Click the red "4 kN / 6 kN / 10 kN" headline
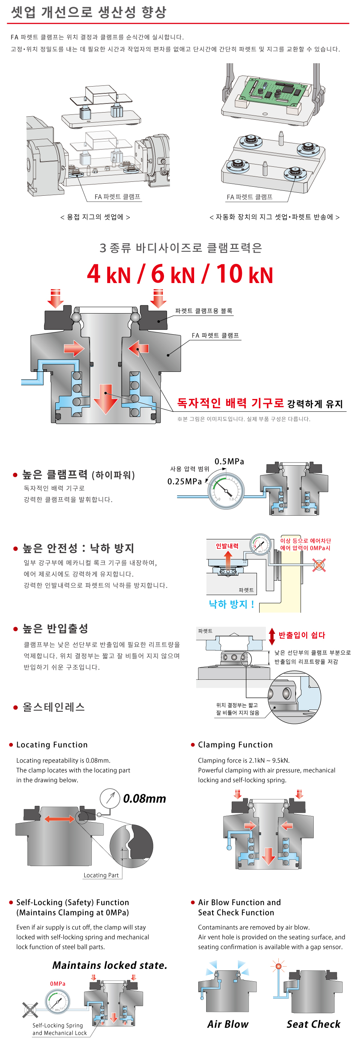pos(180,274)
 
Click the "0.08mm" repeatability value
pos(144,799)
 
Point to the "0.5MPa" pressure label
pos(229,461)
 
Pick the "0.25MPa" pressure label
pos(184,481)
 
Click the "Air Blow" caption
pos(228,1024)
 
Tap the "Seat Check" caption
pos(313,1024)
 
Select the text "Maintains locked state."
pos(109,965)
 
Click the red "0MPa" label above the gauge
pos(58,984)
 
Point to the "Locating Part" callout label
pos(101,875)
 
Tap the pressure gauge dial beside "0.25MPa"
pos(226,490)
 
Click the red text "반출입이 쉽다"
pos(302,635)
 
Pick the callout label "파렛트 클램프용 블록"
pos(204,311)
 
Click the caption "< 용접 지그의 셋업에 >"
pos(95,217)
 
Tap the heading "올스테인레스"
pos(53,707)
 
